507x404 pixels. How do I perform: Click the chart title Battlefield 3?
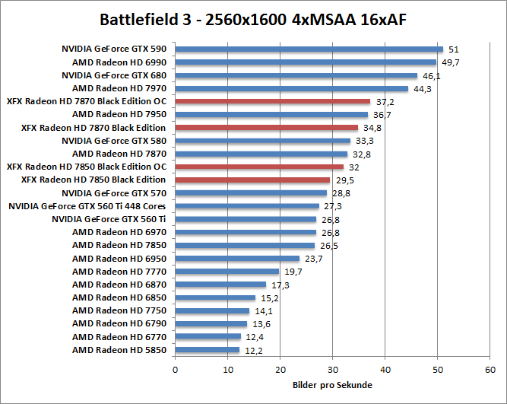pyautogui.click(x=253, y=19)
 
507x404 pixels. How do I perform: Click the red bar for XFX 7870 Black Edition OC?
pyautogui.click(x=273, y=101)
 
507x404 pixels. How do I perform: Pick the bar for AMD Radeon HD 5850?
pyautogui.click(x=208, y=350)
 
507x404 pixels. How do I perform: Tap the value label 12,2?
pyautogui.click(x=254, y=352)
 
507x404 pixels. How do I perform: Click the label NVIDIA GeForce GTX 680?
pyautogui.click(x=113, y=75)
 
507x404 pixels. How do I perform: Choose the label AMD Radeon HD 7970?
pyautogui.click(x=119, y=88)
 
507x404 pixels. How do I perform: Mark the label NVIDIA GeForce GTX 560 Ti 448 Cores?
pyautogui.click(x=87, y=205)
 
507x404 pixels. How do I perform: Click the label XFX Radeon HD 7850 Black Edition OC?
pyautogui.click(x=86, y=167)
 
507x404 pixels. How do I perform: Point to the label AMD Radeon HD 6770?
pyautogui.click(x=119, y=336)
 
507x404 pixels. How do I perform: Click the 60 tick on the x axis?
pyautogui.click(x=490, y=371)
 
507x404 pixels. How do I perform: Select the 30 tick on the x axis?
pyautogui.click(x=333, y=371)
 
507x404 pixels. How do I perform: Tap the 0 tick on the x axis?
pyautogui.click(x=176, y=371)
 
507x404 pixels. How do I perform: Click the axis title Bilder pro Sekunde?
pyautogui.click(x=332, y=385)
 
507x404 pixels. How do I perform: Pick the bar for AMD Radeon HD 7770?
pyautogui.click(x=227, y=272)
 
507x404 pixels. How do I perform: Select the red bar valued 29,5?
pyautogui.click(x=252, y=180)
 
